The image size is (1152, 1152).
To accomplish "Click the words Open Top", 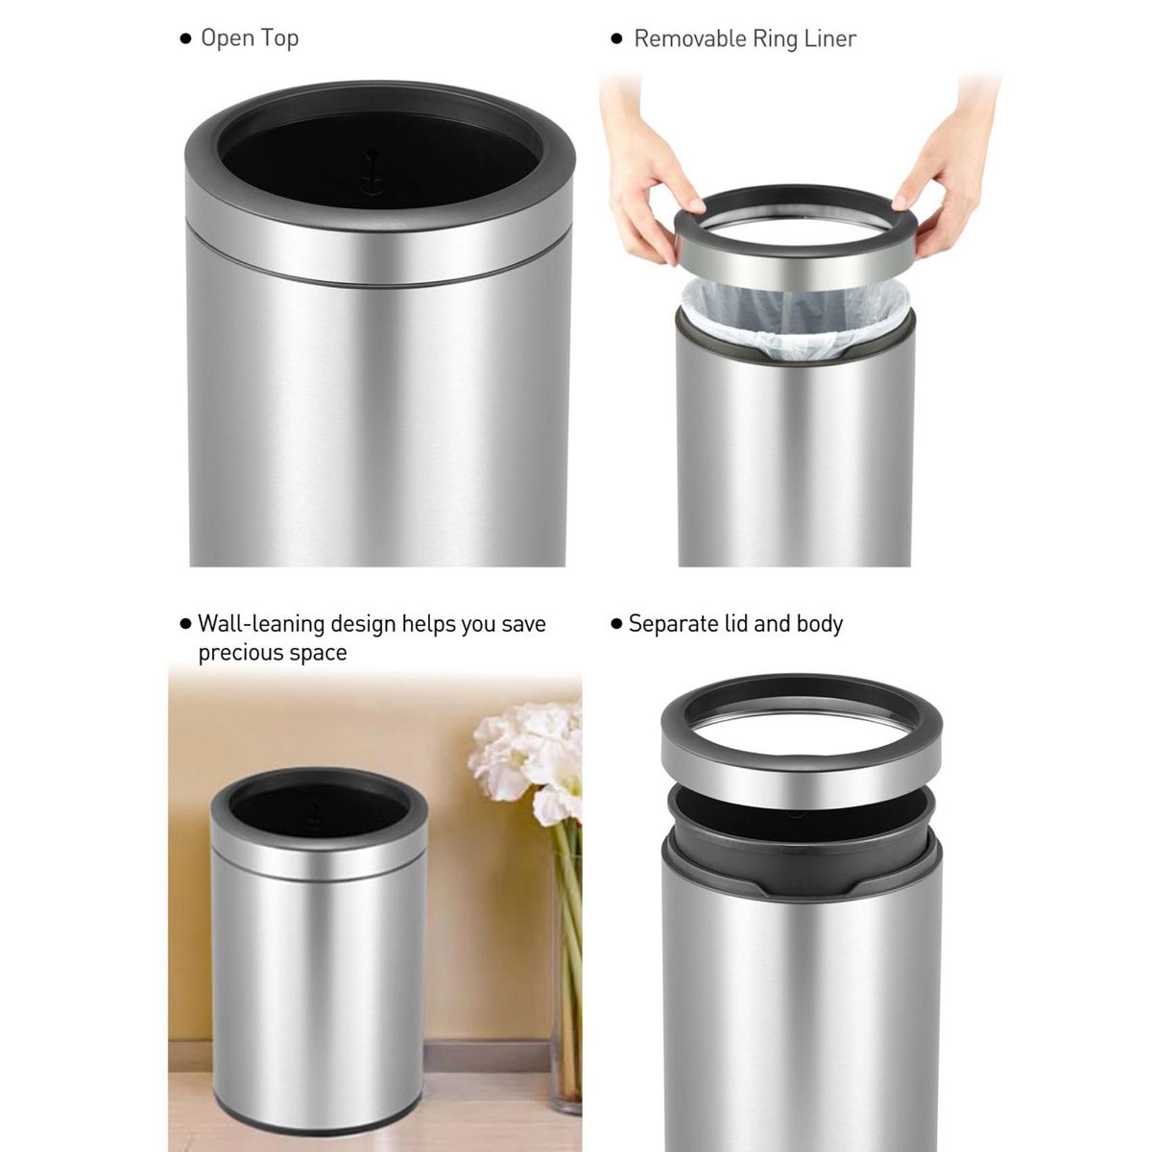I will pyautogui.click(x=249, y=38).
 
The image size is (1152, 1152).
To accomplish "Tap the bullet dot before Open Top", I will pyautogui.click(x=185, y=39).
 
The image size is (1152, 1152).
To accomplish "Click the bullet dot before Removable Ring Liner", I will pyautogui.click(x=616, y=39).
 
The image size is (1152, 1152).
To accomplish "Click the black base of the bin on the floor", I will pyautogui.click(x=317, y=1125).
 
